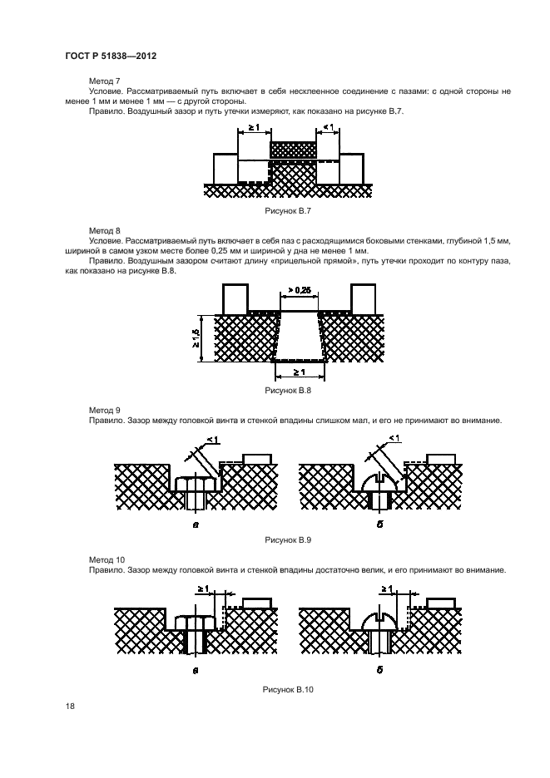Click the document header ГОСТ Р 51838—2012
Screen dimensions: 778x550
[111, 56]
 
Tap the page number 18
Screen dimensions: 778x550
[69, 707]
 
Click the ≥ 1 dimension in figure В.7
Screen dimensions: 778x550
[252, 127]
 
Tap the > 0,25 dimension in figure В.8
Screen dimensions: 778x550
[300, 291]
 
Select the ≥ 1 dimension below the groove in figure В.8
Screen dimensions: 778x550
[300, 372]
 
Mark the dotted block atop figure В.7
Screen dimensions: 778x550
[293, 150]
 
